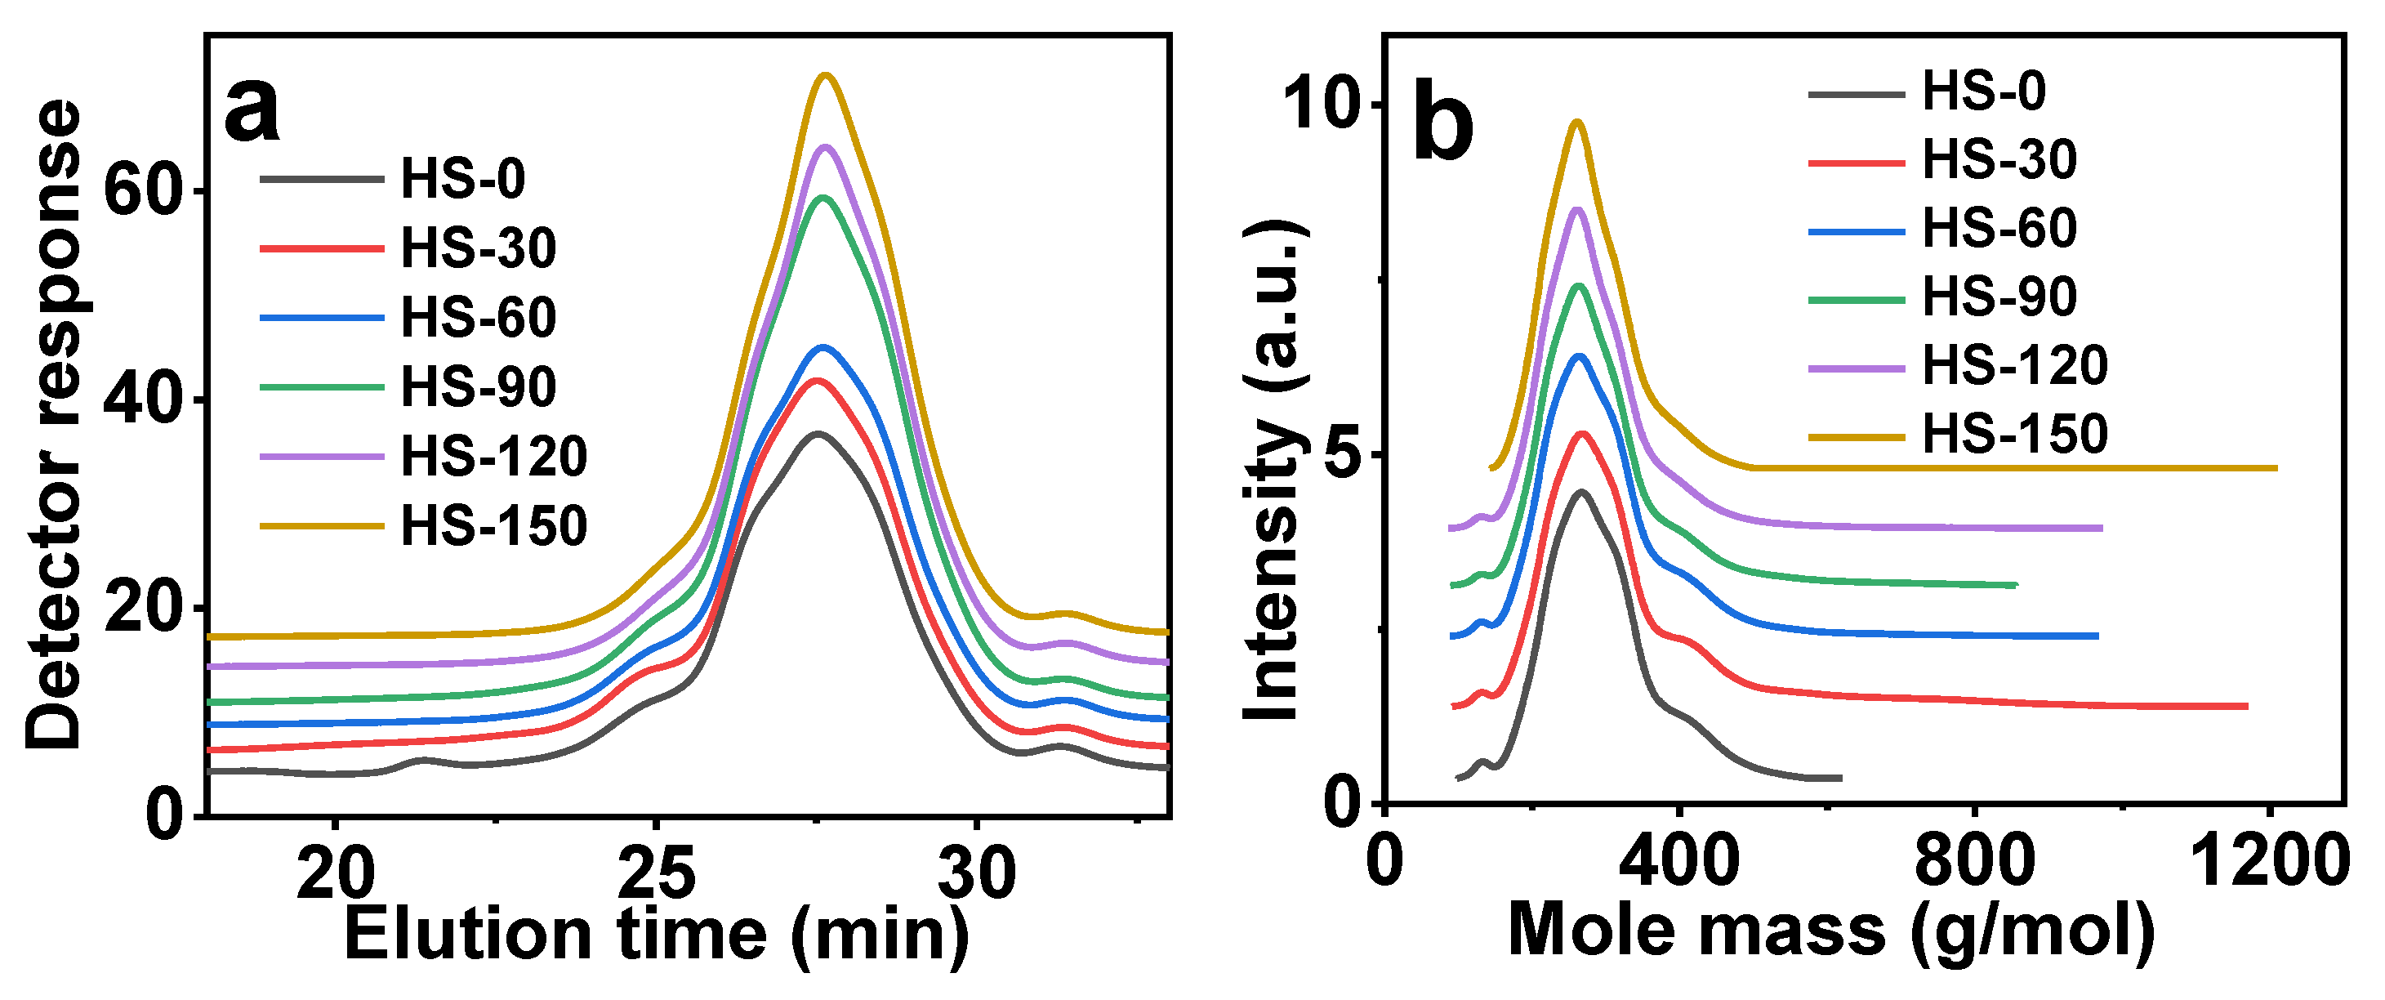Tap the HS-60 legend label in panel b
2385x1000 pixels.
[x=1999, y=228]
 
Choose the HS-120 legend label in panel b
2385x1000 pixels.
[x=2015, y=365]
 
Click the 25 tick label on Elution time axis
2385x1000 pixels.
[x=656, y=874]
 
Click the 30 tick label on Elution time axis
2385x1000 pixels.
[x=976, y=874]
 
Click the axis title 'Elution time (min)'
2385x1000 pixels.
[x=657, y=935]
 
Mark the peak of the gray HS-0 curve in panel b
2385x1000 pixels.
[x=1581, y=493]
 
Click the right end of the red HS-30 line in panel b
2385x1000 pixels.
[x=2246, y=707]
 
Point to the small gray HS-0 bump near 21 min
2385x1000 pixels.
[x=422, y=760]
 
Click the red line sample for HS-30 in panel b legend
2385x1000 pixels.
[x=1857, y=162]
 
